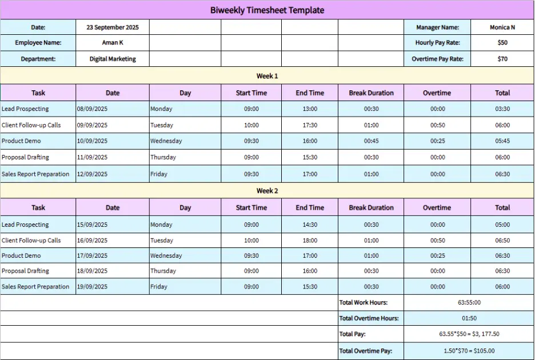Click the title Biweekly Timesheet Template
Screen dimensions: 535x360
[x=267, y=10]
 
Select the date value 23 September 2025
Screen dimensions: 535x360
[x=113, y=27]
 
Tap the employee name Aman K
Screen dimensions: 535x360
[x=113, y=43]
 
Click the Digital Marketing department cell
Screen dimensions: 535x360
[x=113, y=59]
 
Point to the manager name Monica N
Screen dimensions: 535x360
[x=502, y=27]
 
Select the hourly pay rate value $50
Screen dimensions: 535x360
[x=502, y=43]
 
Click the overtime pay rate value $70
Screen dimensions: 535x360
[x=502, y=59]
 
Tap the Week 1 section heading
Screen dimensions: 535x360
[x=267, y=76]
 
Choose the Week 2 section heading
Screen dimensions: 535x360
[x=267, y=191]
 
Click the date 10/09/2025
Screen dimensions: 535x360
[x=92, y=141]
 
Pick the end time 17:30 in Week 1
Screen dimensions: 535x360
[x=310, y=125]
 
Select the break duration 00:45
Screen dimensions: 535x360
[x=371, y=141]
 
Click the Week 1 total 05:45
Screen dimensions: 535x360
[x=502, y=141]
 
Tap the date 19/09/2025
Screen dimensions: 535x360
[x=92, y=287]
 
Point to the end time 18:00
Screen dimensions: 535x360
[x=310, y=241]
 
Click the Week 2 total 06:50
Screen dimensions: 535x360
[x=502, y=241]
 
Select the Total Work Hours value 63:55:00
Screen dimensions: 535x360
[x=468, y=303]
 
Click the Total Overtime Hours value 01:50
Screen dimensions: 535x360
[x=468, y=318]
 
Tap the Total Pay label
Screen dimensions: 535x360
[x=352, y=334]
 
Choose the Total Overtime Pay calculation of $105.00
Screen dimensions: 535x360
[x=468, y=351]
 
